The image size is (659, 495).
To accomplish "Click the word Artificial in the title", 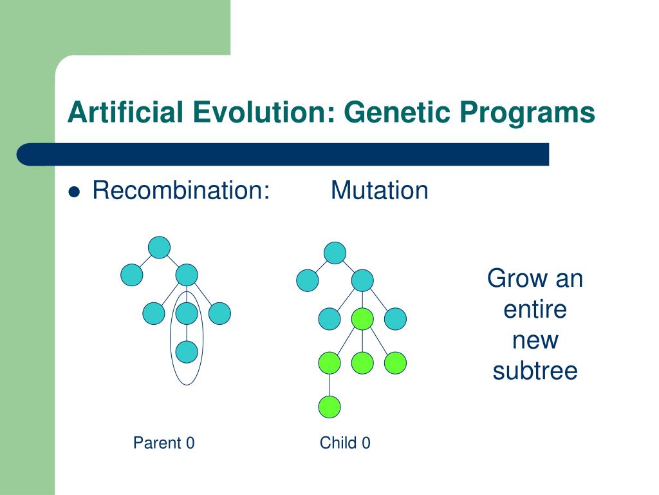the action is (x=125, y=112).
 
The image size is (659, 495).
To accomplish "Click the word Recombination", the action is (x=181, y=190).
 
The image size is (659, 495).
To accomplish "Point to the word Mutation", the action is (x=380, y=190).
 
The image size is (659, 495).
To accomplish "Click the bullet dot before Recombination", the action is (x=74, y=192).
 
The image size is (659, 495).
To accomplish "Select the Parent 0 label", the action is (x=164, y=443).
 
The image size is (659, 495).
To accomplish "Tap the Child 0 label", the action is (x=345, y=443).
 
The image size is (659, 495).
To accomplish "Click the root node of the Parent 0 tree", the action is (x=160, y=247).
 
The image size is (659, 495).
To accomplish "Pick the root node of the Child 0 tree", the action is (x=335, y=253).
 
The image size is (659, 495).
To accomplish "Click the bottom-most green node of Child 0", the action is (x=329, y=407).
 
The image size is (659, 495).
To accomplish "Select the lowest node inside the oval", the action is (x=187, y=352).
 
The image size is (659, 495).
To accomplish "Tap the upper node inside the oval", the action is (x=187, y=313).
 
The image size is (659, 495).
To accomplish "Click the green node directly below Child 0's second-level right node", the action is (x=362, y=318).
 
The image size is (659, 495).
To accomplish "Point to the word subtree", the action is (x=535, y=371).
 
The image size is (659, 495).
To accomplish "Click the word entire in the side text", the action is (x=535, y=309).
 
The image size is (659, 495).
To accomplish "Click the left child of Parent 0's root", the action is (x=131, y=275).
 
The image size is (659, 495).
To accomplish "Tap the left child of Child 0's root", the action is (x=307, y=280).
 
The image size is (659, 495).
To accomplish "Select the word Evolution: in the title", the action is (x=263, y=112).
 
